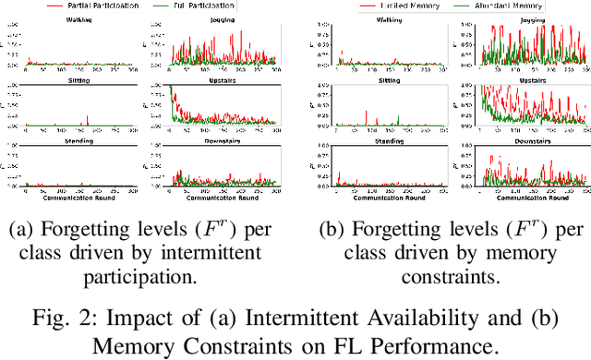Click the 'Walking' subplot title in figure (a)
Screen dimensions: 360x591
(80, 17)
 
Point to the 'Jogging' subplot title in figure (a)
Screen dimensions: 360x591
(222, 17)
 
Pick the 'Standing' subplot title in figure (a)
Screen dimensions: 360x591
(80, 143)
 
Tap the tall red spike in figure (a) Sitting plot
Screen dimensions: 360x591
(88, 118)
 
